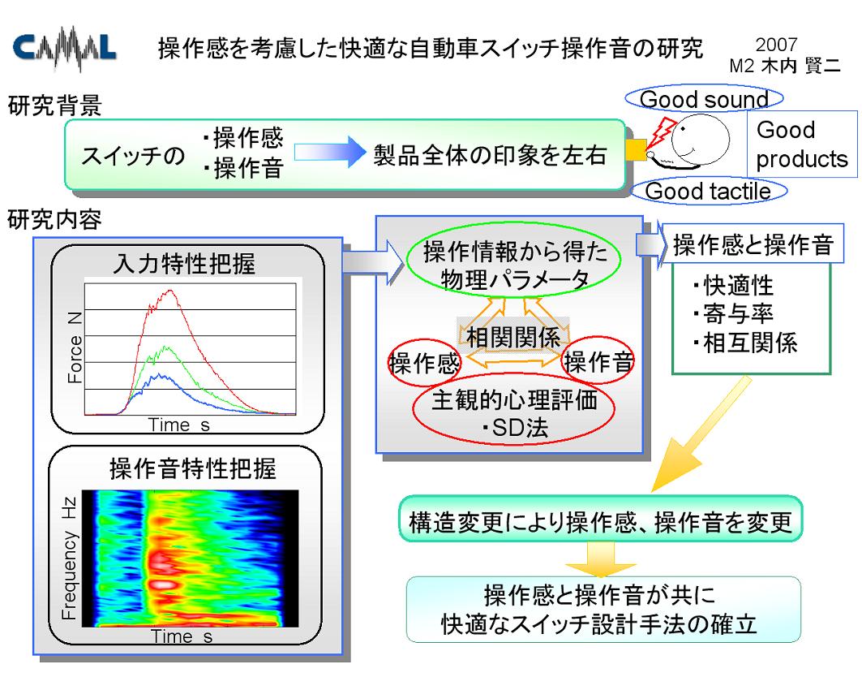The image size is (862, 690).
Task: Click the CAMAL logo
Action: [x=64, y=49]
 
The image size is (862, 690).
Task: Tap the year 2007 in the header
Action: [x=776, y=45]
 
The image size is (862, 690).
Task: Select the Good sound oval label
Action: [x=704, y=99]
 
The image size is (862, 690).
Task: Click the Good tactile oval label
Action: [x=709, y=191]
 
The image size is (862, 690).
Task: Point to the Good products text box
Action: [x=802, y=144]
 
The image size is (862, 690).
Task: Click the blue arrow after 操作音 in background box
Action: [x=330, y=152]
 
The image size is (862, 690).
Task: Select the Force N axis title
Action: [x=75, y=347]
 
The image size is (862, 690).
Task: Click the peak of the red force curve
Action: [x=171, y=290]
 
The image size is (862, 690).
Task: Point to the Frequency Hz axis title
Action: [x=69, y=558]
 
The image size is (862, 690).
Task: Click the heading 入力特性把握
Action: [x=184, y=263]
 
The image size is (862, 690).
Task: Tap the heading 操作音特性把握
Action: [x=193, y=469]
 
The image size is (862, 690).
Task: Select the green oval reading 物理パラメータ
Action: [x=513, y=265]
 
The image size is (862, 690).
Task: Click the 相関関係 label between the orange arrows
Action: [x=513, y=337]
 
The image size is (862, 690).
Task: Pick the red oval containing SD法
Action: [x=513, y=412]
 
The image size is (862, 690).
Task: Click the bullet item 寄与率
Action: [x=733, y=313]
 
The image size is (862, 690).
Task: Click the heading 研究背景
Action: [x=54, y=105]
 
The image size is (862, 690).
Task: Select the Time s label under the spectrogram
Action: [x=182, y=636]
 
